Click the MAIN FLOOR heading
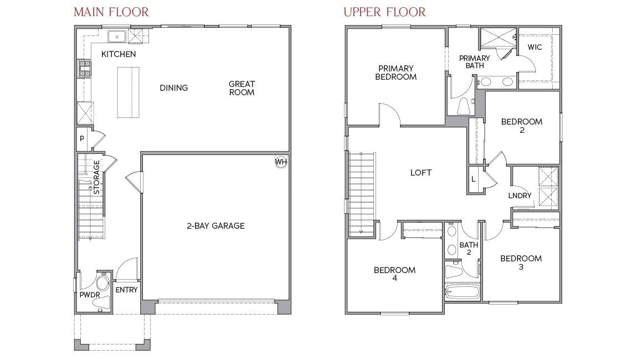[x=111, y=12]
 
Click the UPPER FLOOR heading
[x=384, y=12]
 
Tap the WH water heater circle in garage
[x=281, y=162]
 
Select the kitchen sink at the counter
[x=117, y=37]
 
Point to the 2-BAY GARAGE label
[x=215, y=225]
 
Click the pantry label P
[x=82, y=139]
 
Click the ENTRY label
[x=126, y=290]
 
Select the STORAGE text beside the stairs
[x=97, y=177]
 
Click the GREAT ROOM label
[x=242, y=88]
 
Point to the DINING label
[x=174, y=88]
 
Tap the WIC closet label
[x=535, y=47]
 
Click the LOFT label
[x=421, y=172]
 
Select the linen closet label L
[x=474, y=179]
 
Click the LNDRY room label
[x=520, y=196]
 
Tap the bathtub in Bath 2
[x=462, y=291]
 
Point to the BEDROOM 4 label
[x=394, y=274]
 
